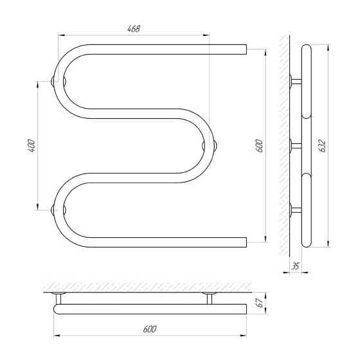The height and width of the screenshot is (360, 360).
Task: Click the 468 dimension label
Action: tap(134, 29)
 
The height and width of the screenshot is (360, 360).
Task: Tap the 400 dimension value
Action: tap(32, 146)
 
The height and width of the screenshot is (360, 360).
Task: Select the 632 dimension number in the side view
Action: tap(322, 146)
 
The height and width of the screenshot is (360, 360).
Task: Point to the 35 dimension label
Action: tap(296, 266)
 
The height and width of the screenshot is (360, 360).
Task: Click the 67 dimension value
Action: tap(260, 303)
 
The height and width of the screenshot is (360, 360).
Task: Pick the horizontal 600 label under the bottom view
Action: tap(150, 329)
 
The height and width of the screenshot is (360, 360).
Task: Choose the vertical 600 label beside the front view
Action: tap(258, 145)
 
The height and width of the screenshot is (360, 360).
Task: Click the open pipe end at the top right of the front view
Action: tap(246, 50)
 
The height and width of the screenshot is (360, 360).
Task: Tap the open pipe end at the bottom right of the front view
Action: tap(246, 242)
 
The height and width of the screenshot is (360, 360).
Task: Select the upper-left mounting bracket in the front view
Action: tap(59, 82)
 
